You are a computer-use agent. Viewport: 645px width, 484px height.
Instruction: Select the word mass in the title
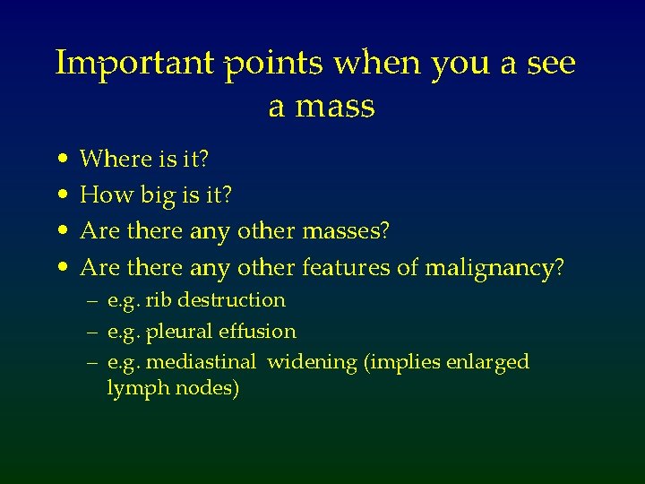[x=334, y=108]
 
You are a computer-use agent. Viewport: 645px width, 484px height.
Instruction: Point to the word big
[x=161, y=195]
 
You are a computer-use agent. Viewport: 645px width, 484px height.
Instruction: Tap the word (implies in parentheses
[x=387, y=363]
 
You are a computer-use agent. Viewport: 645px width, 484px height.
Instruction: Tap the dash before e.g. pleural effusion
[x=92, y=332]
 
